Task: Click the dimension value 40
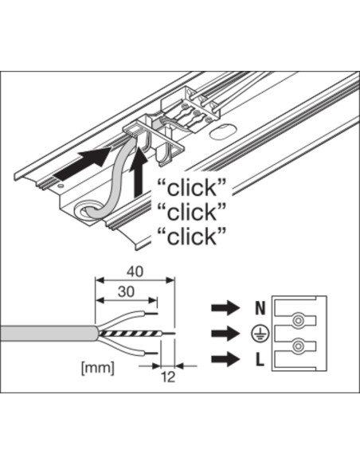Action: click(x=135, y=272)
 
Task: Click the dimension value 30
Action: click(x=127, y=291)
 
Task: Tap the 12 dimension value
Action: click(x=168, y=377)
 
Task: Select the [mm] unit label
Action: click(x=97, y=369)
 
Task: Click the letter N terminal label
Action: click(x=260, y=308)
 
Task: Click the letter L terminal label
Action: click(x=260, y=360)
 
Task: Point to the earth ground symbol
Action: click(x=260, y=334)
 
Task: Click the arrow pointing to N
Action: click(x=225, y=308)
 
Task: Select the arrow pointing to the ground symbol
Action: click(x=225, y=334)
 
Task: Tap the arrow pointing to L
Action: click(x=225, y=359)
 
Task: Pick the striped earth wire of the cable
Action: click(x=131, y=334)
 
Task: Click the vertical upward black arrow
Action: click(x=139, y=174)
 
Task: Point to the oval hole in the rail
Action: click(x=221, y=132)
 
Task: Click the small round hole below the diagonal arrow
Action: click(x=61, y=186)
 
